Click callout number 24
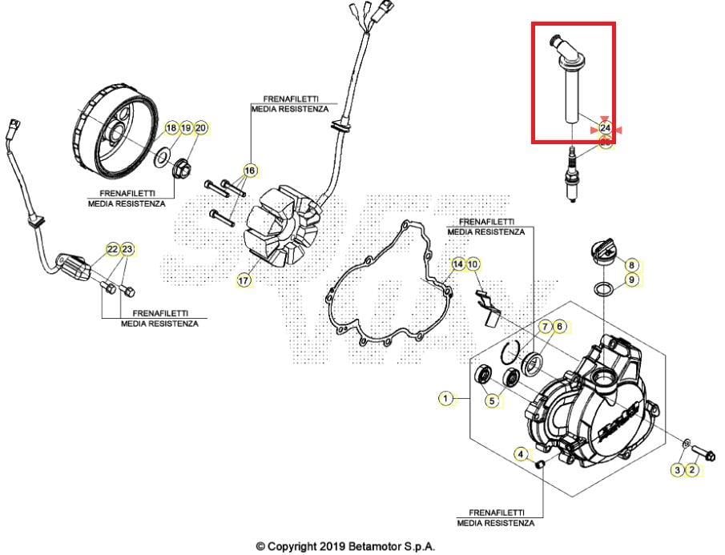pos(605,127)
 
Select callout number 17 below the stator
pos(244,280)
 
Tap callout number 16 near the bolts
pos(250,171)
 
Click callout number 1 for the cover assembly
pos(444,397)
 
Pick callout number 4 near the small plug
pos(521,455)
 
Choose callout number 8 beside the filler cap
pos(631,264)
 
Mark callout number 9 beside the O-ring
pos(631,280)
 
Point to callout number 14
pos(457,263)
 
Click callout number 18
pos(171,128)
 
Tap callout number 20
pos(200,128)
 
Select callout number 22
pos(112,249)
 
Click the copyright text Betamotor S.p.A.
pos(345,546)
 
